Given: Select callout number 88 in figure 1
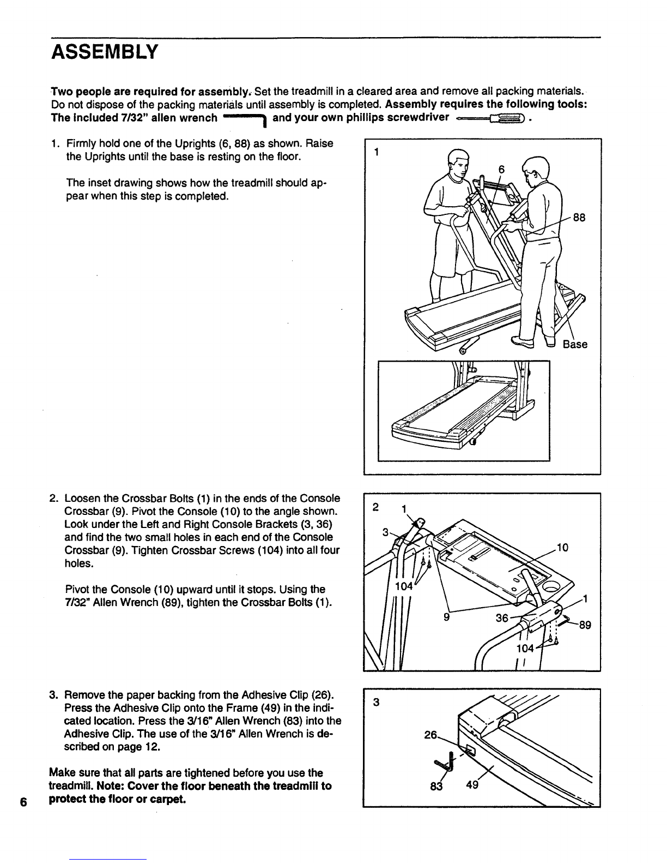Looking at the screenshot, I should coord(579,217).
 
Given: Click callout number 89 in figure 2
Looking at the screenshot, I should coord(585,626).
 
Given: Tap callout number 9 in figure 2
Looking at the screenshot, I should coord(446,617).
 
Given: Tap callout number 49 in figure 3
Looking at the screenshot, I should coord(469,786).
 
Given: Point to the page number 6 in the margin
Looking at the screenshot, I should coord(22,802).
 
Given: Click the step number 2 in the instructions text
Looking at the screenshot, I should coord(52,499).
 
